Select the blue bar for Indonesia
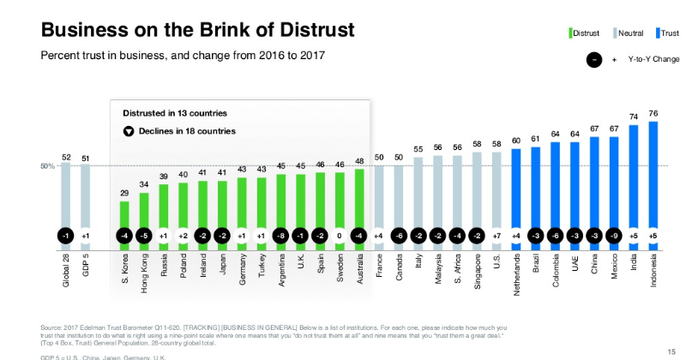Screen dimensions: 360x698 pos(653,171)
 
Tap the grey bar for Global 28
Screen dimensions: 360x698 pos(66,193)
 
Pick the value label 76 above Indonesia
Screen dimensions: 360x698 pos(653,114)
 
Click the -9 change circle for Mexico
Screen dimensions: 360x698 pos(614,235)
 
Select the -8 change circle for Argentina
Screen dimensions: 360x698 pos(280,235)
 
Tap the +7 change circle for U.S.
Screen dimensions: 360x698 pos(497,235)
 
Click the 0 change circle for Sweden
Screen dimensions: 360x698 pos(340,235)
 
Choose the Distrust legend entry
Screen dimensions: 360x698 pos(586,33)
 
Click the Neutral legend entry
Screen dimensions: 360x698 pos(631,33)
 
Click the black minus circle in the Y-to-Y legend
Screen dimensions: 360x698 pos(593,60)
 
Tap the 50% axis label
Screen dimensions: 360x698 pos(49,165)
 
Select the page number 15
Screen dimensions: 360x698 pos(671,351)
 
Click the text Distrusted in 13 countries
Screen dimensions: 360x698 pos(174,112)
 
